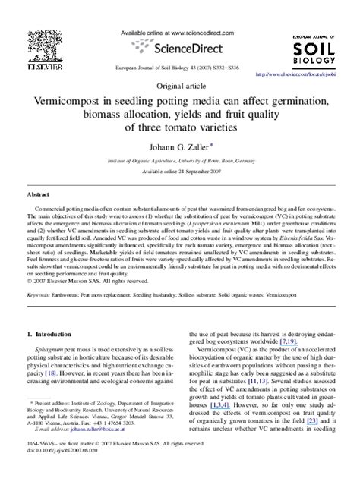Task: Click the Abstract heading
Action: pos(39,194)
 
